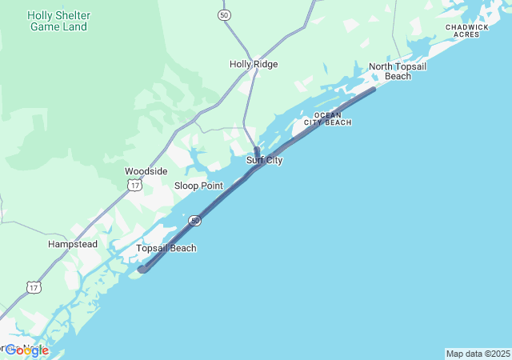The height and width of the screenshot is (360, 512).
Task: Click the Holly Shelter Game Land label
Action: [59, 21]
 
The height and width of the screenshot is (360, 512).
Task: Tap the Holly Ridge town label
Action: [254, 64]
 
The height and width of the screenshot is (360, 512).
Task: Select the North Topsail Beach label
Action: [398, 71]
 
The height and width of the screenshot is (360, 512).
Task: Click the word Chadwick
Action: [467, 26]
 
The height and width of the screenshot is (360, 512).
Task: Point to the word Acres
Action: [467, 34]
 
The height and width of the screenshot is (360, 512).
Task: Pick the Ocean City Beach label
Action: [333, 118]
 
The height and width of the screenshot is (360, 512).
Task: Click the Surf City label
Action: [264, 160]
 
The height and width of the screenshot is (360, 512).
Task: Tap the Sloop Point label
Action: [198, 186]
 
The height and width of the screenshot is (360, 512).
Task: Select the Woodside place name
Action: [146, 171]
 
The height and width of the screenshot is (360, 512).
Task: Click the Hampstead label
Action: [73, 244]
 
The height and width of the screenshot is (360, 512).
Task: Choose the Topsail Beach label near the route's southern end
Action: [166, 248]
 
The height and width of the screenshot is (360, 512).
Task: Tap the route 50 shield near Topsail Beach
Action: [195, 220]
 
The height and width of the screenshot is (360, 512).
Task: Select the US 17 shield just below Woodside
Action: [134, 185]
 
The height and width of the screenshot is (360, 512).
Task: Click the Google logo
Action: [26, 350]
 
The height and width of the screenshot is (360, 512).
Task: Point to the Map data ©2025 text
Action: [478, 354]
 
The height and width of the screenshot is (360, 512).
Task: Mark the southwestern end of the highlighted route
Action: [142, 270]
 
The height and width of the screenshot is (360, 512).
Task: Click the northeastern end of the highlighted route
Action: [373, 89]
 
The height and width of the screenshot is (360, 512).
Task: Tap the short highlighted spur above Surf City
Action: [257, 151]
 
